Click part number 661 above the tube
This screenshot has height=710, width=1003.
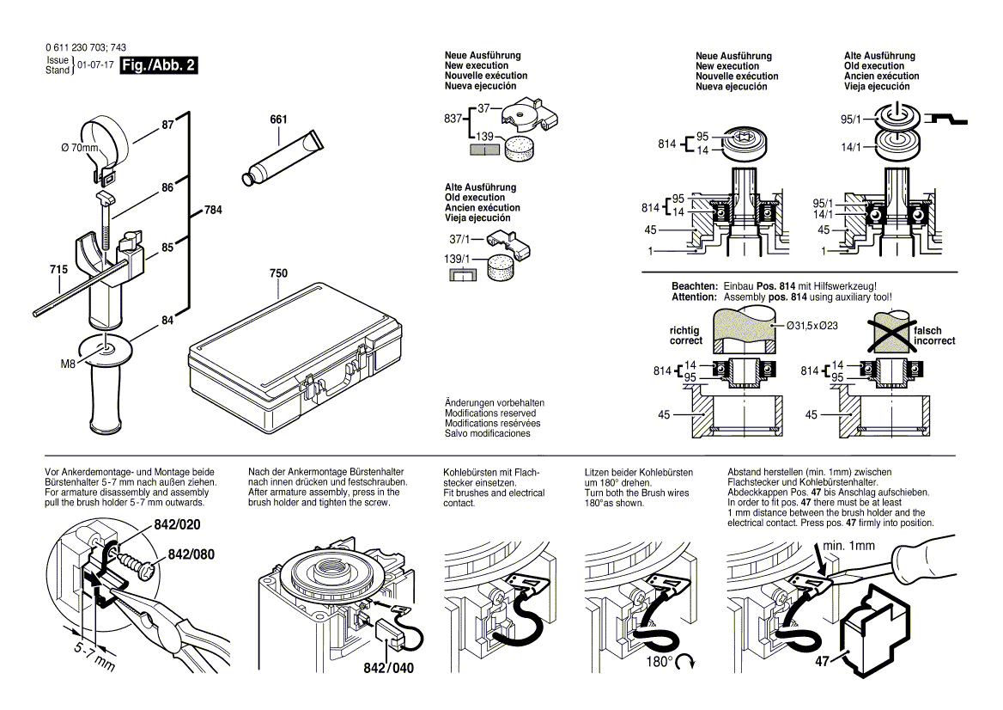coord(278,119)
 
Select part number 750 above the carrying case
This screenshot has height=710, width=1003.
coord(278,273)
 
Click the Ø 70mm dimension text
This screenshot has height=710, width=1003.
coord(80,149)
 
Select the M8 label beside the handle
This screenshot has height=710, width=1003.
coord(70,364)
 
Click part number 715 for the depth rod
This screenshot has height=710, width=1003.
coord(58,271)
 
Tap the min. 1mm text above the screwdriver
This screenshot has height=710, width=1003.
coord(848,546)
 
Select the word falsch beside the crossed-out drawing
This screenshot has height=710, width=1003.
coord(928,330)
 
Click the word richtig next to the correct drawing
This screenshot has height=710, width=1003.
coord(684,330)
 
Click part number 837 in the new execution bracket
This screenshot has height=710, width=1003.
coord(453,119)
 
